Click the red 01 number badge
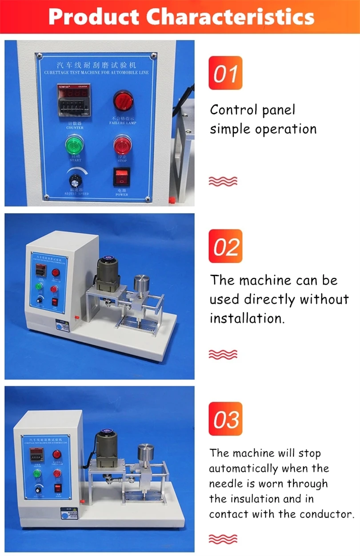[225, 73]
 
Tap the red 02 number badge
[225, 246]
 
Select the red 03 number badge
[225, 419]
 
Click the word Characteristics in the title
[230, 17]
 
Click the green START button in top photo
[74, 146]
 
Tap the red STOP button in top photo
[121, 146]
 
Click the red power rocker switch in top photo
[121, 177]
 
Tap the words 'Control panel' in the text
[252, 110]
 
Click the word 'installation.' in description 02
[247, 318]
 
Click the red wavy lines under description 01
[223, 181]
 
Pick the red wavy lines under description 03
[223, 539]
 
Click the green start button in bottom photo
[37, 472]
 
